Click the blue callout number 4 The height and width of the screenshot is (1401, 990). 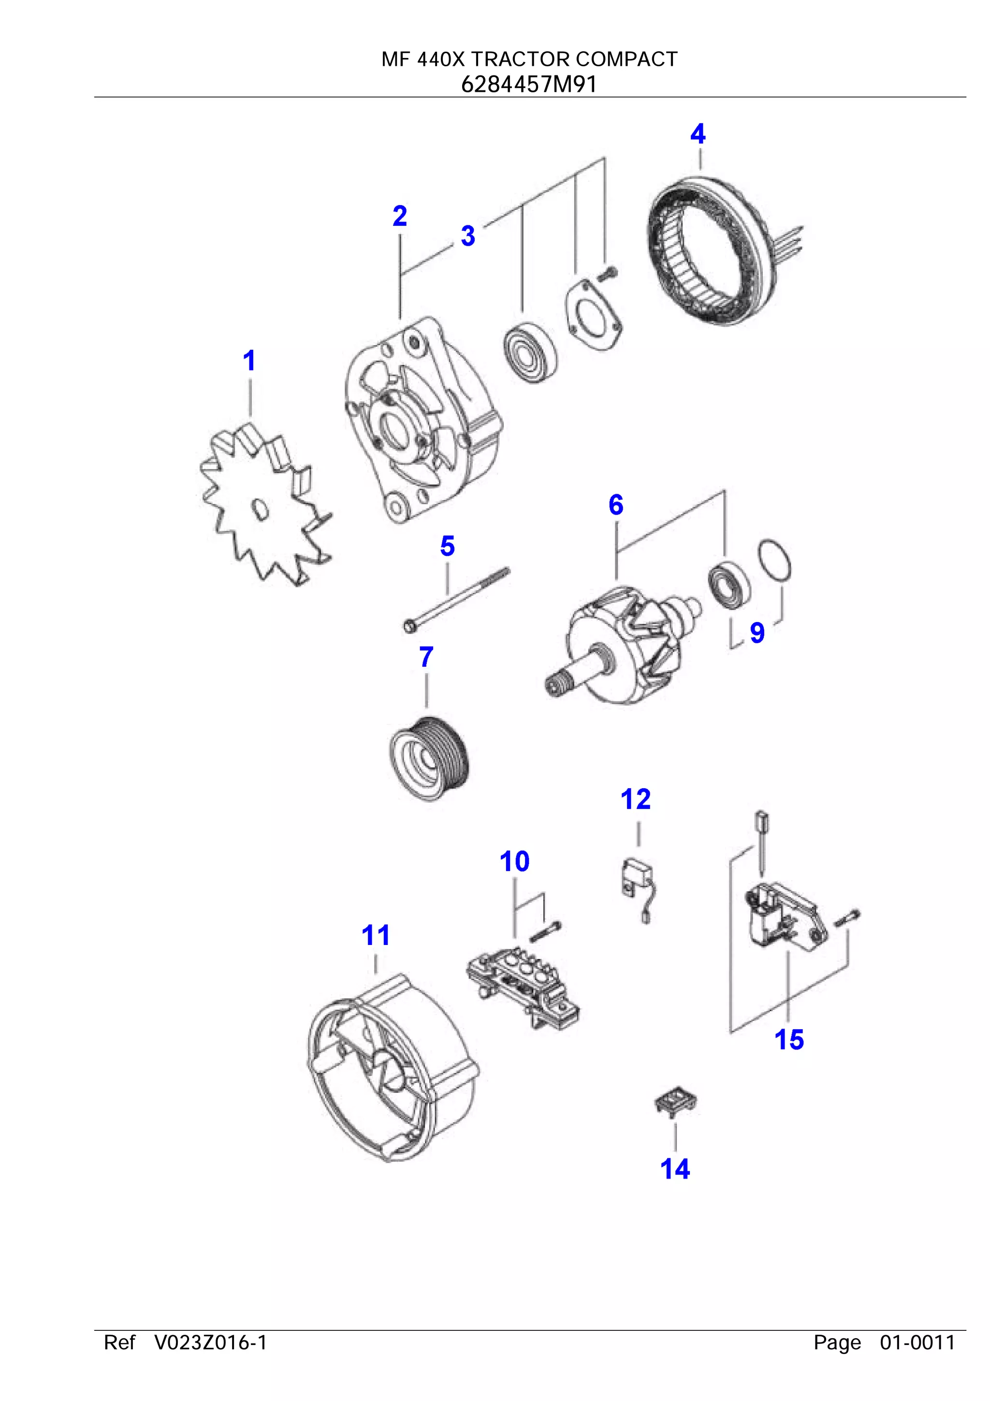coord(698,134)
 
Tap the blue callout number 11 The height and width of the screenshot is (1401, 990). coord(375,935)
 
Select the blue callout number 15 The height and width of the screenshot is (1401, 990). coord(789,1040)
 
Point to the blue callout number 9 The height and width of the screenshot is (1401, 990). coord(757,632)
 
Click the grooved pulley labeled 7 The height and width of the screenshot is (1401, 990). coord(429,758)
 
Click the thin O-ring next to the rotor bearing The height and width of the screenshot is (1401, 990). coord(775,560)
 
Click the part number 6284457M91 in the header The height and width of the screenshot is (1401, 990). coord(528,84)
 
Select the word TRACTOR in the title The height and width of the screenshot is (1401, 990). coord(520,59)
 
